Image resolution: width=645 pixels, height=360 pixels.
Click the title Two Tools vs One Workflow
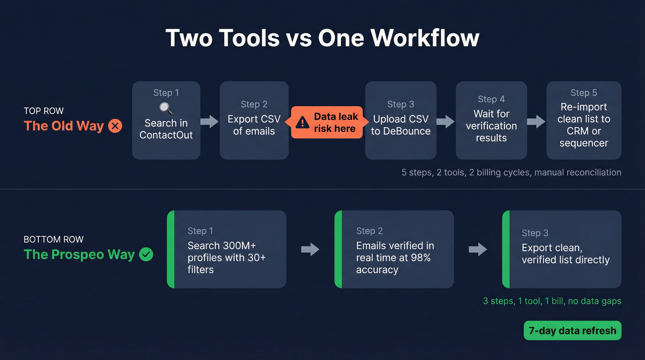[x=322, y=38]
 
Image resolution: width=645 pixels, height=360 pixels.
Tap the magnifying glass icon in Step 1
[x=166, y=109]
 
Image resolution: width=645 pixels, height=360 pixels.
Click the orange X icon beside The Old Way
[x=115, y=126]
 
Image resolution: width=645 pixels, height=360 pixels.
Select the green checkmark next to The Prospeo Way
[x=146, y=254]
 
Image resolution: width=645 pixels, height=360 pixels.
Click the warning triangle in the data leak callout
[x=302, y=122]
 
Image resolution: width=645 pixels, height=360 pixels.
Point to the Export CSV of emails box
[x=254, y=120]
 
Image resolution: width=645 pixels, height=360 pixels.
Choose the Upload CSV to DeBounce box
[x=400, y=120]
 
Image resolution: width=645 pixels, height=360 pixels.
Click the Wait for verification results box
[x=491, y=120]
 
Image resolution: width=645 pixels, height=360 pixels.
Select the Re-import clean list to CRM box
[x=584, y=120]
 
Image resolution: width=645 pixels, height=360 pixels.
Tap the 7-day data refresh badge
[x=572, y=330]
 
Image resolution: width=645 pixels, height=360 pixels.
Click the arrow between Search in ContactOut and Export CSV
[x=210, y=122]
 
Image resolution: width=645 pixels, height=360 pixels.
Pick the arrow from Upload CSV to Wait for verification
[x=446, y=122]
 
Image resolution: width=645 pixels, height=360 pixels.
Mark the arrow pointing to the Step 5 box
[x=536, y=122]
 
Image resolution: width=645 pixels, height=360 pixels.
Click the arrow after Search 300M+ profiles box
[x=310, y=249]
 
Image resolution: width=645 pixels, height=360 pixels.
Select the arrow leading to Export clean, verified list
[x=478, y=249]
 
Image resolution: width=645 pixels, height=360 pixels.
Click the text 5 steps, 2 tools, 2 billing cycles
[x=511, y=172]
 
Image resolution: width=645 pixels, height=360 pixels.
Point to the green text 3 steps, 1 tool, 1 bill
[x=552, y=301]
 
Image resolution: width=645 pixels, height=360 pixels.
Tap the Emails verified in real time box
[x=394, y=249]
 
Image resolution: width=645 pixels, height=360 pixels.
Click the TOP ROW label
[x=44, y=111]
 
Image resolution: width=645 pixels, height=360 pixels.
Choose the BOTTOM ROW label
[x=53, y=240]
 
